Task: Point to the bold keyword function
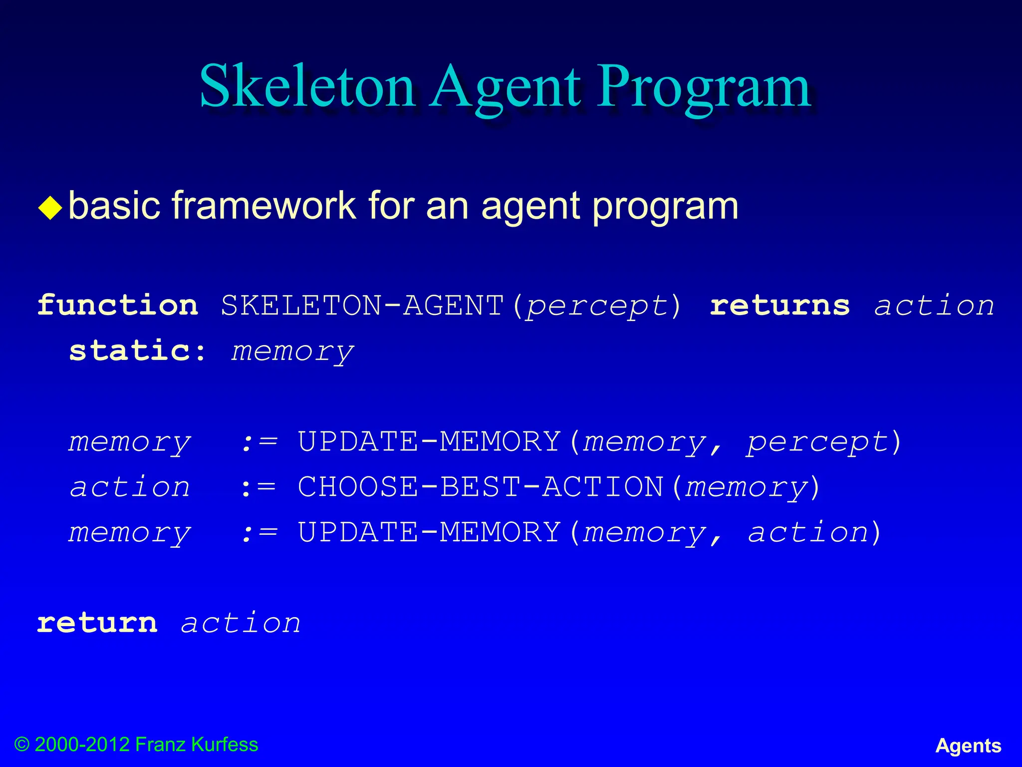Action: click(118, 305)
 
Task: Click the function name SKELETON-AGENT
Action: click(362, 305)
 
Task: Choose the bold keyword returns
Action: click(779, 305)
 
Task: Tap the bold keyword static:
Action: click(137, 351)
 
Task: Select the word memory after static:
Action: click(292, 352)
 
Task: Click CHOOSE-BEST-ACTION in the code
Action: click(480, 487)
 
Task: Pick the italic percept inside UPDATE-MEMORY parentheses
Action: click(817, 442)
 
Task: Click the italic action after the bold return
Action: click(241, 623)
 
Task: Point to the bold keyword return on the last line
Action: click(97, 623)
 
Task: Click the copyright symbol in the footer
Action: click(22, 745)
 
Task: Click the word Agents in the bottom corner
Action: click(968, 746)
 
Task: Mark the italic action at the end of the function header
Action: click(934, 305)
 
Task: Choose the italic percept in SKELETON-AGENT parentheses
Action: click(597, 306)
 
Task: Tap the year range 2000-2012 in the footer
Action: click(83, 745)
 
